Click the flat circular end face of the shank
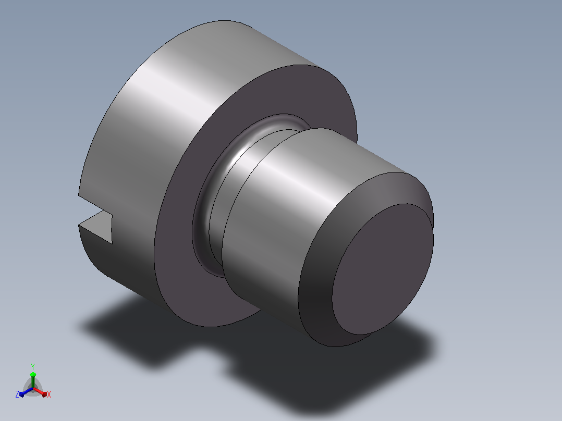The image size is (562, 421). (x=383, y=269)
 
